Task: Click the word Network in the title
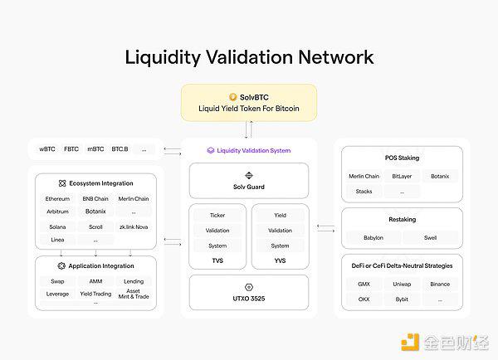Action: (x=336, y=57)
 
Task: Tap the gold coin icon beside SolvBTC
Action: (x=232, y=97)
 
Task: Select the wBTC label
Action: (x=47, y=148)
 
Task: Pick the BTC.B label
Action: (x=120, y=148)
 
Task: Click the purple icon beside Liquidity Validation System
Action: (x=211, y=150)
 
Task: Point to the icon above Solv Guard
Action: (x=249, y=176)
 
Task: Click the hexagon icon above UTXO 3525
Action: (x=249, y=287)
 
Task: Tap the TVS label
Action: (x=217, y=260)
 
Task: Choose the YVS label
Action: (x=281, y=260)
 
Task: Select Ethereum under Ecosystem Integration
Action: (x=57, y=199)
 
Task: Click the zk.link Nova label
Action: (x=134, y=227)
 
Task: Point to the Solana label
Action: (x=57, y=227)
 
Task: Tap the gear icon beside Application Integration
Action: (x=61, y=265)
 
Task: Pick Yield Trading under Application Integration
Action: (x=95, y=294)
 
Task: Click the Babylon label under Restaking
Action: (x=373, y=238)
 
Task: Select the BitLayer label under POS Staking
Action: (x=402, y=176)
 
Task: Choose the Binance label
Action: (x=440, y=285)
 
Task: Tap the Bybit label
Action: (x=402, y=299)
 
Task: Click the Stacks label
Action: (x=364, y=192)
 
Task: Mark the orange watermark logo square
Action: (x=410, y=343)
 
